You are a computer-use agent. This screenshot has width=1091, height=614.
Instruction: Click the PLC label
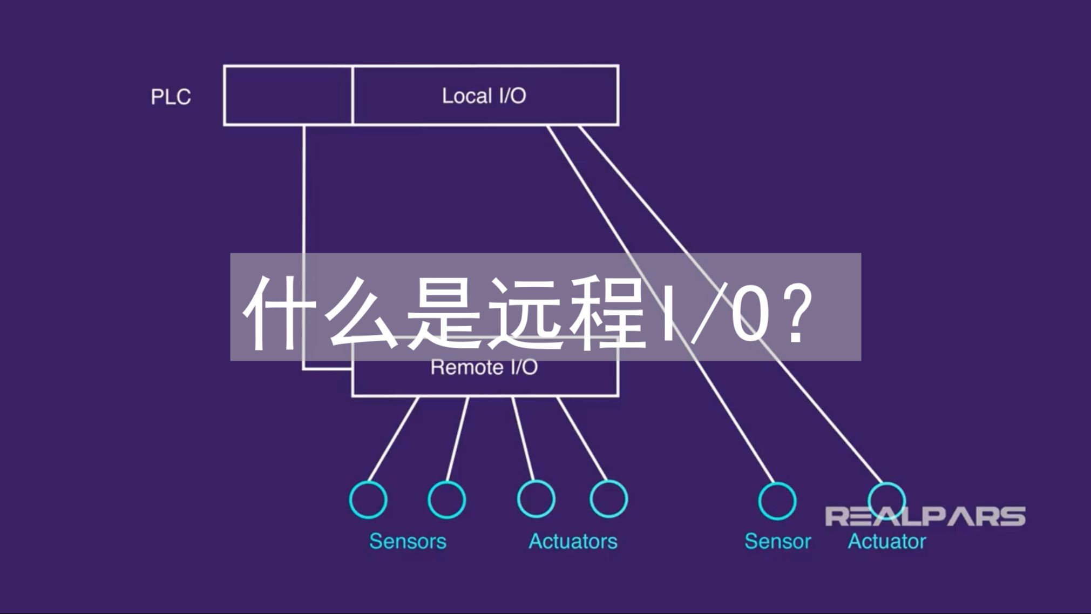point(171,97)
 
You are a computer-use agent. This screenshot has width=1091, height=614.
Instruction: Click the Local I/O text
point(484,96)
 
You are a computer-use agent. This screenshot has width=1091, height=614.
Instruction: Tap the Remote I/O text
point(484,368)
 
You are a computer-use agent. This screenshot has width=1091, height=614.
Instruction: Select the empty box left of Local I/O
point(288,96)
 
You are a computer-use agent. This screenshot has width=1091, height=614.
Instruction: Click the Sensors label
point(408,541)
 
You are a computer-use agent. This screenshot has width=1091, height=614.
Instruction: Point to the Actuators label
point(573,541)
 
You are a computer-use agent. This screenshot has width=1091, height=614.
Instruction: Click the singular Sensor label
point(777,541)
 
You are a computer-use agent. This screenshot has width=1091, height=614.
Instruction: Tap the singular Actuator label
point(886,541)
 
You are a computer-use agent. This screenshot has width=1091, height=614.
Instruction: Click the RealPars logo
point(925,516)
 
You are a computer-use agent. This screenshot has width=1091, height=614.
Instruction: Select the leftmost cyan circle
point(368,500)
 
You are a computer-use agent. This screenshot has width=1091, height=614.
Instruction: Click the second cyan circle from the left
point(446,500)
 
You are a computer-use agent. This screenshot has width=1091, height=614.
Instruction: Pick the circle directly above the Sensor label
point(777,501)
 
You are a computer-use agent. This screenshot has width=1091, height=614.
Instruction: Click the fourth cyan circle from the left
point(608,499)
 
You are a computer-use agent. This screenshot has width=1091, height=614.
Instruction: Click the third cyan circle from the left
point(536,499)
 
